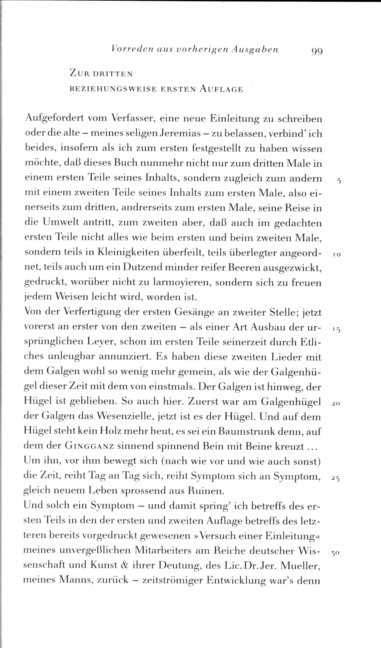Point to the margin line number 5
click(x=339, y=181)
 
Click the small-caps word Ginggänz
click(x=89, y=446)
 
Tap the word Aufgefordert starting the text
click(x=54, y=119)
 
